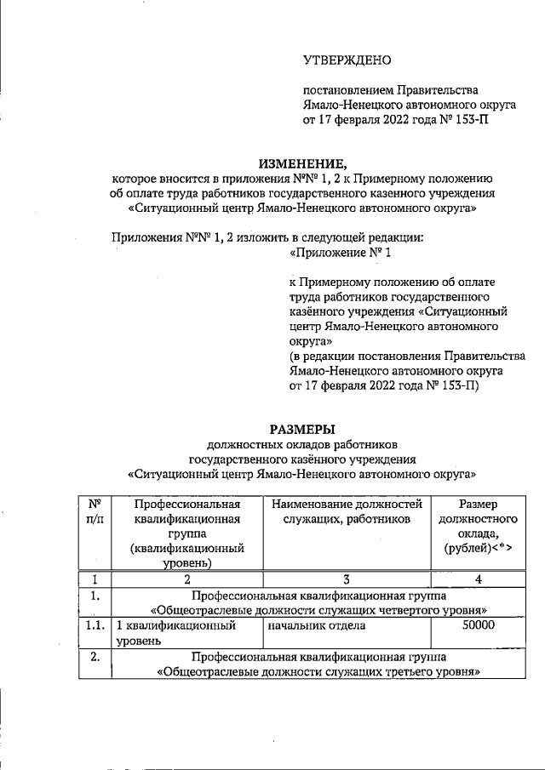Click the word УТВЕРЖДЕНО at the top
tap(347, 60)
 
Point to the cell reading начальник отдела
tap(317, 627)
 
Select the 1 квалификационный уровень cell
tap(186, 635)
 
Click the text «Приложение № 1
tap(341, 253)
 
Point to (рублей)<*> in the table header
tap(478, 549)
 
